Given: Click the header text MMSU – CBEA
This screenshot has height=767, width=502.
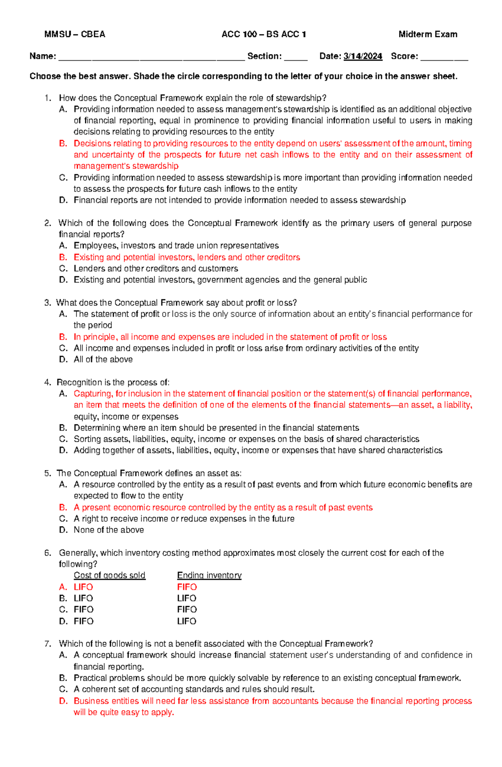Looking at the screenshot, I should coord(74,34).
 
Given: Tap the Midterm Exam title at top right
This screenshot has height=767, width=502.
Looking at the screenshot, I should coord(428,34).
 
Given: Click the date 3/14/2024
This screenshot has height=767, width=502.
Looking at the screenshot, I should coord(363,56).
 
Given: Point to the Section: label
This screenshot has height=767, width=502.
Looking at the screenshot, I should coord(264,56).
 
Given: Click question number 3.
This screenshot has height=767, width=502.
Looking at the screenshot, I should coord(47,303).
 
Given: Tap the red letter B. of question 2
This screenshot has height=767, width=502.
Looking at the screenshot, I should coord(63,257).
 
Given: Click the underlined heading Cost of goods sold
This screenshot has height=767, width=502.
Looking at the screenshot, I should coord(110,576).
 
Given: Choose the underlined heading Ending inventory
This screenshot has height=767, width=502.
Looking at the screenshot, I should coord(209,576).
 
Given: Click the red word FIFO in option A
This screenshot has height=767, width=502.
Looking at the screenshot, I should coord(187,587).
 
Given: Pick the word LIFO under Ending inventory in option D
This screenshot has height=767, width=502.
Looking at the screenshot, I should coord(187,621).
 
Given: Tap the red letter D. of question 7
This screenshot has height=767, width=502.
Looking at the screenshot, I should coord(63,701).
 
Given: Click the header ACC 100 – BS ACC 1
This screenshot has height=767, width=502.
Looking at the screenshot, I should coord(264,34).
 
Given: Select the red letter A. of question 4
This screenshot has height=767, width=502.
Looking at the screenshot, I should coord(63,394).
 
